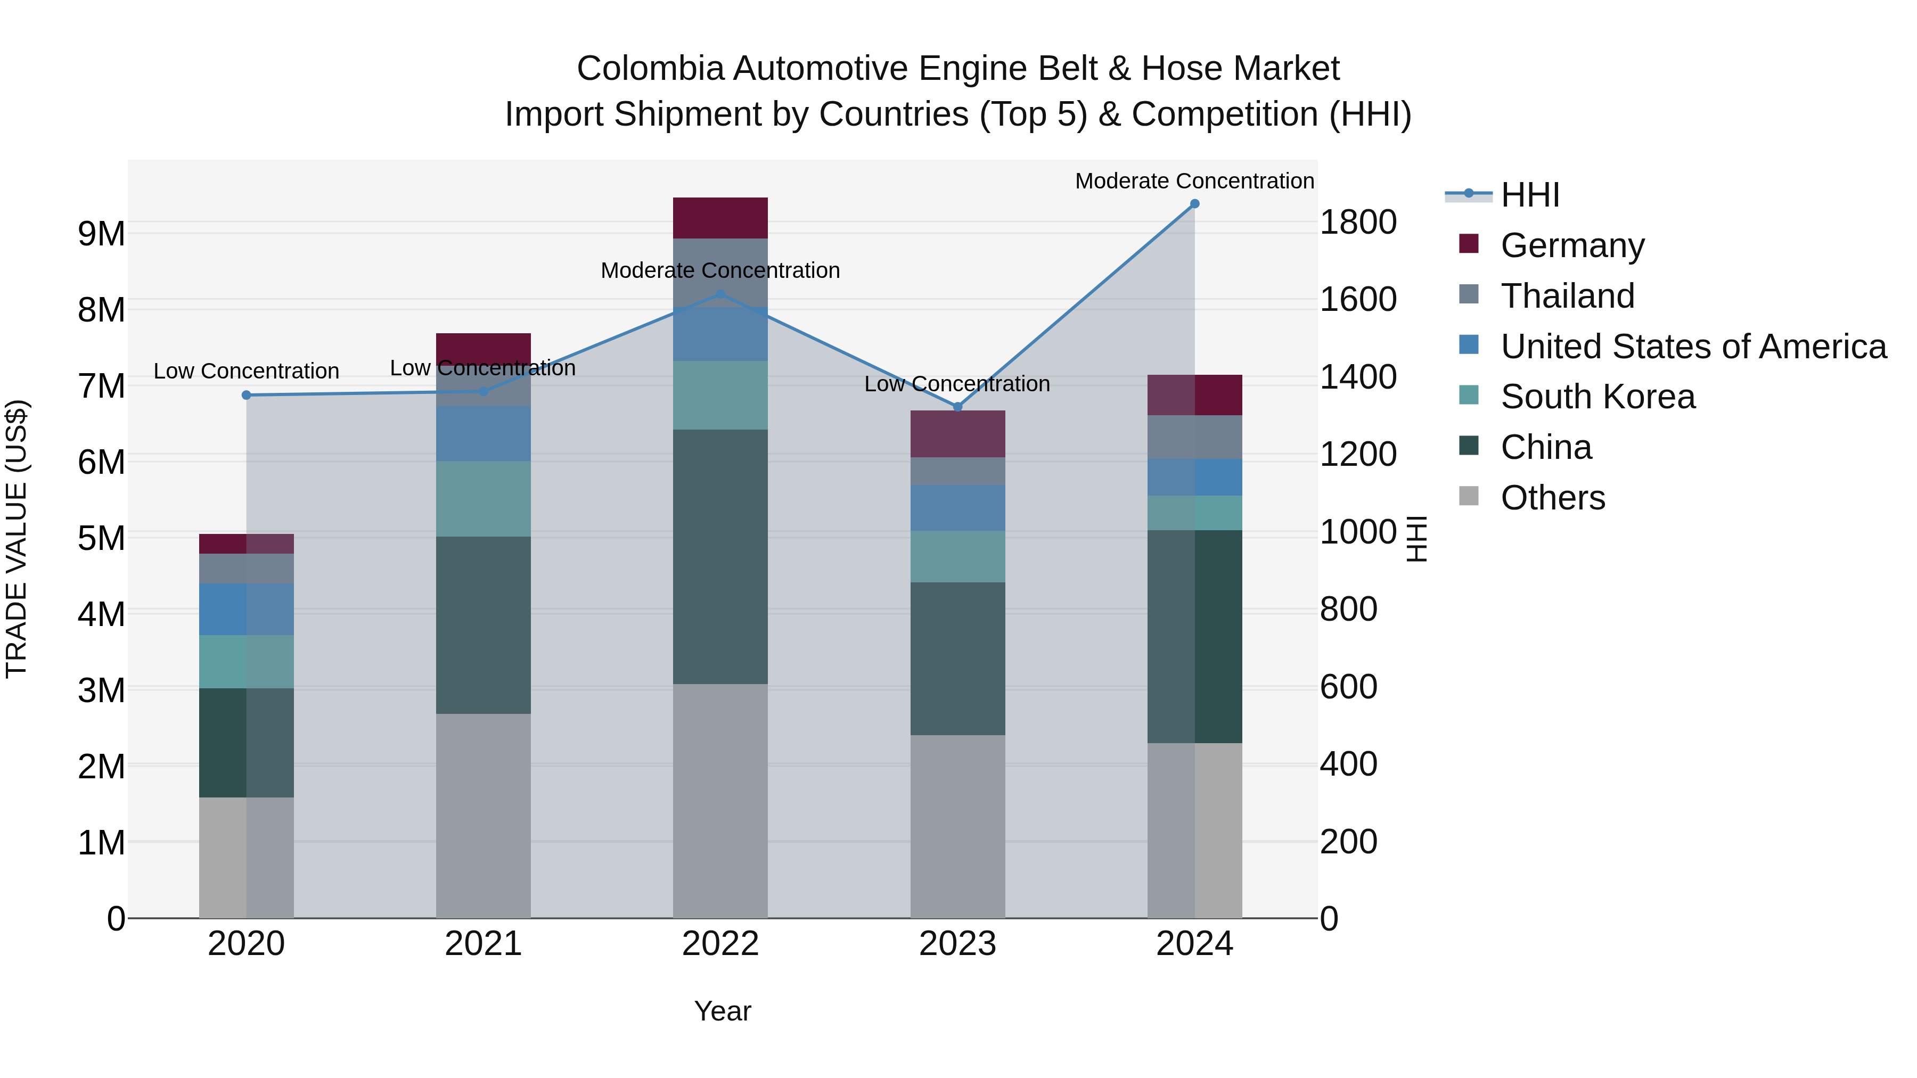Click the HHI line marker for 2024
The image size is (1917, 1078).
coord(1194,204)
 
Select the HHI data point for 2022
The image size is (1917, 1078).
coord(719,294)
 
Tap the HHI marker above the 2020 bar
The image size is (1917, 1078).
coord(247,395)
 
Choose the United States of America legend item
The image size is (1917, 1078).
coord(1693,347)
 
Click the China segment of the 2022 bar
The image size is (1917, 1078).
coord(719,556)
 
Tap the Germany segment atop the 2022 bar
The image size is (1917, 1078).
coord(719,218)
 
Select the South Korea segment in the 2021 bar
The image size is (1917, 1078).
coord(483,498)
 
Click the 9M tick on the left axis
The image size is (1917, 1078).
coord(101,234)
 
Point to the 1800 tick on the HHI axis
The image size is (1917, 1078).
coord(1357,223)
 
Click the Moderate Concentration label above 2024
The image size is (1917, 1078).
coord(1194,181)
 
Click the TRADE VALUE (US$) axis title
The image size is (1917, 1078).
coord(17,539)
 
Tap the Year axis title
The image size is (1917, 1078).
coord(722,1011)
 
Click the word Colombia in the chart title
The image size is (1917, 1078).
coord(650,69)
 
